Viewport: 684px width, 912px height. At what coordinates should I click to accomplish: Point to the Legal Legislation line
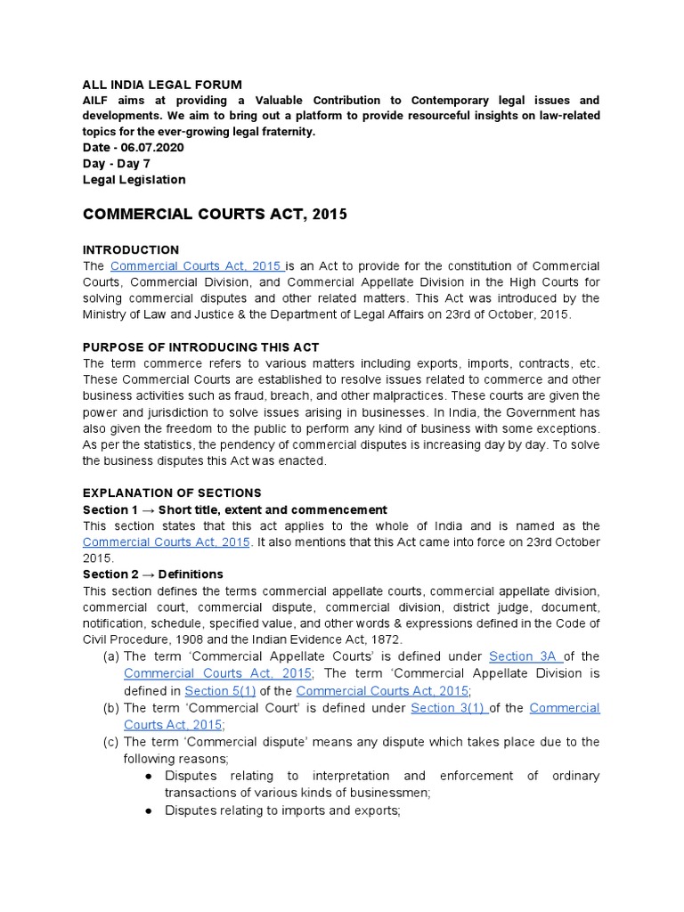click(134, 179)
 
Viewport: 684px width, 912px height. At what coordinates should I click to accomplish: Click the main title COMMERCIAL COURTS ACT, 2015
click(215, 215)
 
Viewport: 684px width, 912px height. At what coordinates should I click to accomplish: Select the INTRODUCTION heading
click(130, 249)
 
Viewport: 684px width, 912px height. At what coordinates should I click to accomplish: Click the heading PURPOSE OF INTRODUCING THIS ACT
click(200, 346)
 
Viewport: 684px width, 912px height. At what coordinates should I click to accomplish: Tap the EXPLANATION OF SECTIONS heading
click(172, 493)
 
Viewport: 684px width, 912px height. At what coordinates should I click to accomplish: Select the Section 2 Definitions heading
click(152, 574)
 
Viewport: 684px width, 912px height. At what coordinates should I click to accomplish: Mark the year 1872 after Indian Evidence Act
click(385, 639)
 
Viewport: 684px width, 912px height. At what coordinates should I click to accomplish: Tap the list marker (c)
click(111, 741)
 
